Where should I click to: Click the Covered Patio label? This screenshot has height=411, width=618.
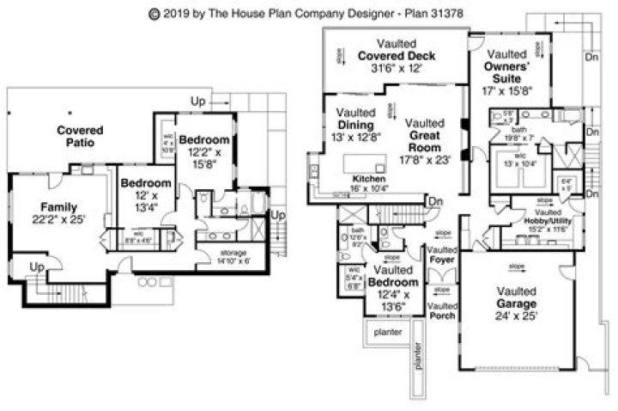(x=80, y=136)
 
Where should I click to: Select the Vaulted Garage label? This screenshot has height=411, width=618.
(x=516, y=298)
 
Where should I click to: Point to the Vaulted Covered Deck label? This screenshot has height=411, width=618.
(x=397, y=56)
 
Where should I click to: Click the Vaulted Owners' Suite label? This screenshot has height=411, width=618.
(x=509, y=71)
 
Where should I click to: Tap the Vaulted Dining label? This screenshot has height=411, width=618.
(x=354, y=125)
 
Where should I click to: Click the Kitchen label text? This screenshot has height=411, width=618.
(x=351, y=180)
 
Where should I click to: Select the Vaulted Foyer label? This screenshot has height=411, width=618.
(x=442, y=249)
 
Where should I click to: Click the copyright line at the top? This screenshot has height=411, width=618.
(x=309, y=13)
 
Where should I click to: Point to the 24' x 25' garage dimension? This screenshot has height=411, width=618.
(x=516, y=316)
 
